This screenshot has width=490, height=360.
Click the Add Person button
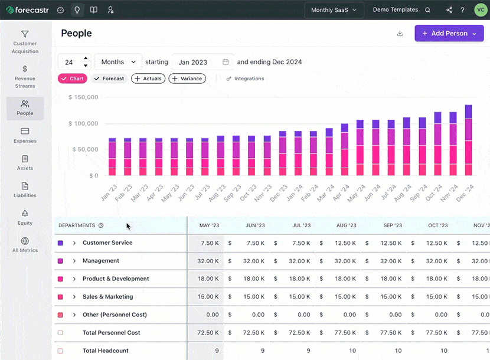tap(449, 34)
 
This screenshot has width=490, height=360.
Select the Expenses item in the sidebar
tap(25, 135)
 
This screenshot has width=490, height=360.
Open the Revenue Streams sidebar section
tap(25, 77)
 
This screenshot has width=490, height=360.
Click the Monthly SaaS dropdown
tap(334, 10)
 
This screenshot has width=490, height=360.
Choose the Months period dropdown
tap(118, 62)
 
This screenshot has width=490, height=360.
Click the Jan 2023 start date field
tap(200, 62)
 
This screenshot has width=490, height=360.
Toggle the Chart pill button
tap(73, 78)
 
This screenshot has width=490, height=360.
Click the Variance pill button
tap(187, 78)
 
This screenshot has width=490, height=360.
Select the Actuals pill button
tap(148, 78)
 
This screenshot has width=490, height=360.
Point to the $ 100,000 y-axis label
tap(83, 123)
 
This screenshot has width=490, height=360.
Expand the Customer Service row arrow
tap(74, 243)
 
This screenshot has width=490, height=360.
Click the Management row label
tap(101, 261)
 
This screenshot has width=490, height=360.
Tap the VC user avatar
tap(480, 10)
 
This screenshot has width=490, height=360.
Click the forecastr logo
tap(27, 10)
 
